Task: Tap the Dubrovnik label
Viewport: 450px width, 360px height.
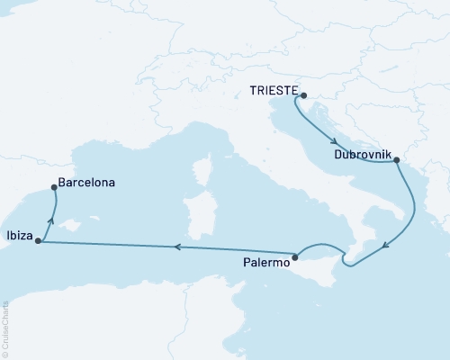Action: click(361, 155)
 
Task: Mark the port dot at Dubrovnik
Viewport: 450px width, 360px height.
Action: click(397, 161)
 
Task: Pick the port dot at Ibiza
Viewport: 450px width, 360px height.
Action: click(38, 241)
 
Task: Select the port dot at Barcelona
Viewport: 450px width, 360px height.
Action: click(55, 188)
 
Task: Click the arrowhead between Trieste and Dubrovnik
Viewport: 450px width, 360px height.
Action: click(334, 141)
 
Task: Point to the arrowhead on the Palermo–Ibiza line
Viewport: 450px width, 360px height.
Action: click(176, 247)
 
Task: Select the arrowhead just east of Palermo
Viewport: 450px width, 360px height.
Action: click(342, 260)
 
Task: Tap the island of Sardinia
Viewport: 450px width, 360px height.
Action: click(195, 213)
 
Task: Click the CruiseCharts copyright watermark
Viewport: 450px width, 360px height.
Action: click(5, 324)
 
